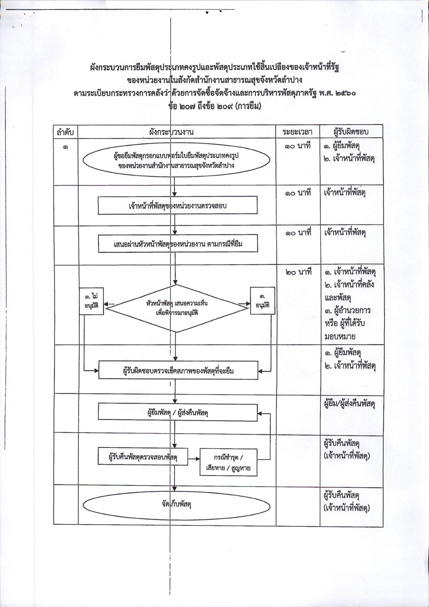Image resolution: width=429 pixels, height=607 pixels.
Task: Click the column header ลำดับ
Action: pos(65,132)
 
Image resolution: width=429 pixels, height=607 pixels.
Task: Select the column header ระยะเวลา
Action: pos(297,132)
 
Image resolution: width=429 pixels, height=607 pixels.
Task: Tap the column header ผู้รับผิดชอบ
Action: pos(351,132)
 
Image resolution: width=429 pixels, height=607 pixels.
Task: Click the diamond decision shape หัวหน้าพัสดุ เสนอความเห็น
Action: pos(177,308)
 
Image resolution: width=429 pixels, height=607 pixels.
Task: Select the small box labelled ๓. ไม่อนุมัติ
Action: pos(91,301)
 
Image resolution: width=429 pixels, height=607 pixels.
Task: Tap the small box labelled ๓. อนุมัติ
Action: pos(263,301)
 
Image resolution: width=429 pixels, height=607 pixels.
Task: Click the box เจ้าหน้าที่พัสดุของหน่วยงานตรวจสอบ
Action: pos(177,205)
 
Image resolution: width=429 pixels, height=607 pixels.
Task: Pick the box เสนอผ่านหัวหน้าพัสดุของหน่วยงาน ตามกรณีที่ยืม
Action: pos(178,244)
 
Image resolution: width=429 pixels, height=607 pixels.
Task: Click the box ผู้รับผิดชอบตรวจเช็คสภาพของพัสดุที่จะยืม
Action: pos(178,370)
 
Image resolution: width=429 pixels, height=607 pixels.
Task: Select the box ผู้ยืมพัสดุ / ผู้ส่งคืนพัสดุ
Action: pos(178,412)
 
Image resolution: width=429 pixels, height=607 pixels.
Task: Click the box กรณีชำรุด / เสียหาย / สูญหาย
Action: pos(228,463)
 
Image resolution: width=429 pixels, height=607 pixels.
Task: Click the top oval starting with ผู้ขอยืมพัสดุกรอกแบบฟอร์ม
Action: pos(176,161)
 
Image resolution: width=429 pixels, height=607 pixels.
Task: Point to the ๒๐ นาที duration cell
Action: pos(299,272)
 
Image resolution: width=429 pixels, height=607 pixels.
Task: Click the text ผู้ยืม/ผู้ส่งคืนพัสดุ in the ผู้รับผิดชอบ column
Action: pos(350,404)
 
